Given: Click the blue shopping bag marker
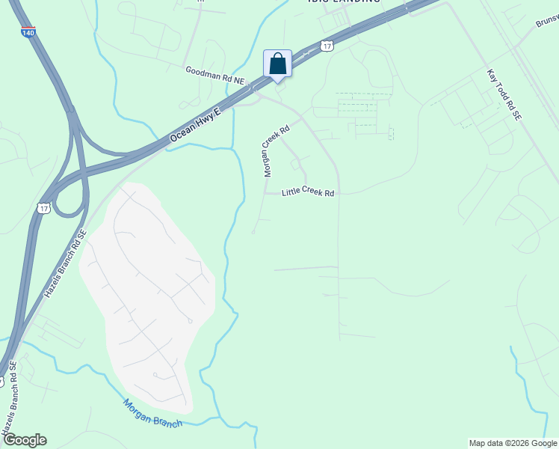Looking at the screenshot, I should click(277, 63).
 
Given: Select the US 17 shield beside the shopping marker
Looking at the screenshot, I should click(327, 46).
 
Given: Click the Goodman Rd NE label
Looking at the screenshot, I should click(215, 73).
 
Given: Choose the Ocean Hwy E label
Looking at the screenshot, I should click(196, 125).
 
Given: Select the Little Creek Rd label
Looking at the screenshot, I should click(307, 193).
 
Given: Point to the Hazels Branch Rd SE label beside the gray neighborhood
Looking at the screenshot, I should click(65, 264).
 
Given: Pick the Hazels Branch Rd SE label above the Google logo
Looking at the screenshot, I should click(13, 408).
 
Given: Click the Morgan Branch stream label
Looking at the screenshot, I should click(152, 413).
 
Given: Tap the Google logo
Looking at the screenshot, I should click(24, 440).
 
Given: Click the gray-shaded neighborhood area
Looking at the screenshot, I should click(149, 299).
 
